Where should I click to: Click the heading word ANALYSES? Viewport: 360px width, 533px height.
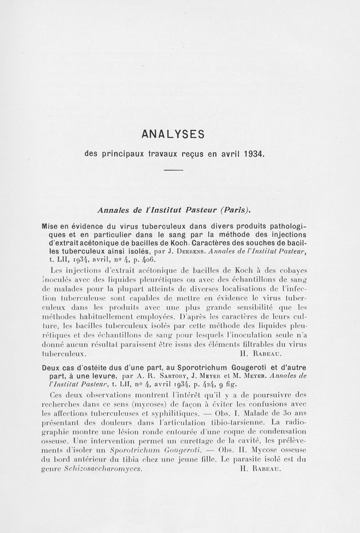[x=173, y=134]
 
